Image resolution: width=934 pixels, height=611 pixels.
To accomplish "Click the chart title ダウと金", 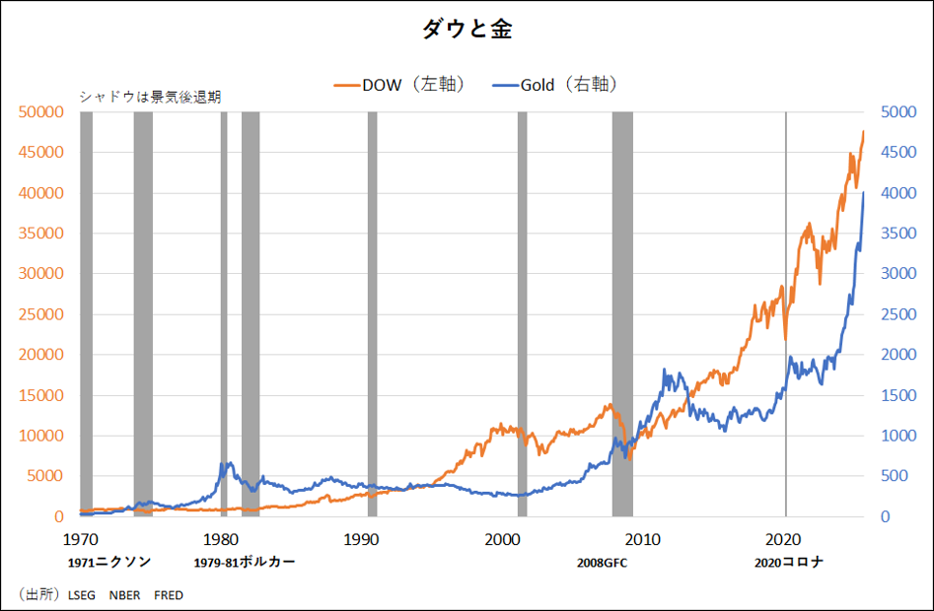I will (x=467, y=30).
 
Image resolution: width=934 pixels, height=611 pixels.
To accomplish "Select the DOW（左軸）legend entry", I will (x=398, y=85).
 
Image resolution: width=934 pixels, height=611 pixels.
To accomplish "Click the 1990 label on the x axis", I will (x=361, y=539).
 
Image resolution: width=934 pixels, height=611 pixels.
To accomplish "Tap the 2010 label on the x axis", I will (x=643, y=539).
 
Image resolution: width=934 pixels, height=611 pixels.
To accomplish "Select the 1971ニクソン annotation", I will (x=109, y=563).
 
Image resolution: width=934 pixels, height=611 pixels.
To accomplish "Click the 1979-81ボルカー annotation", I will (x=244, y=563).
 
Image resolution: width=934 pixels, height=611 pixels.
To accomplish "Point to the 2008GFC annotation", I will (x=602, y=563).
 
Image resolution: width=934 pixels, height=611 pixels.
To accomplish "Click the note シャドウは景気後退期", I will (x=149, y=97).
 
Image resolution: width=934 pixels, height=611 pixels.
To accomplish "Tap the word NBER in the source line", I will (x=124, y=595).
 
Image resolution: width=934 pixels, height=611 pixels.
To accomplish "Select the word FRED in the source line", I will (x=169, y=595).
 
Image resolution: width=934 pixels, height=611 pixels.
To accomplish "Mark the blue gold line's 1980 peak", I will (x=228, y=463).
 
